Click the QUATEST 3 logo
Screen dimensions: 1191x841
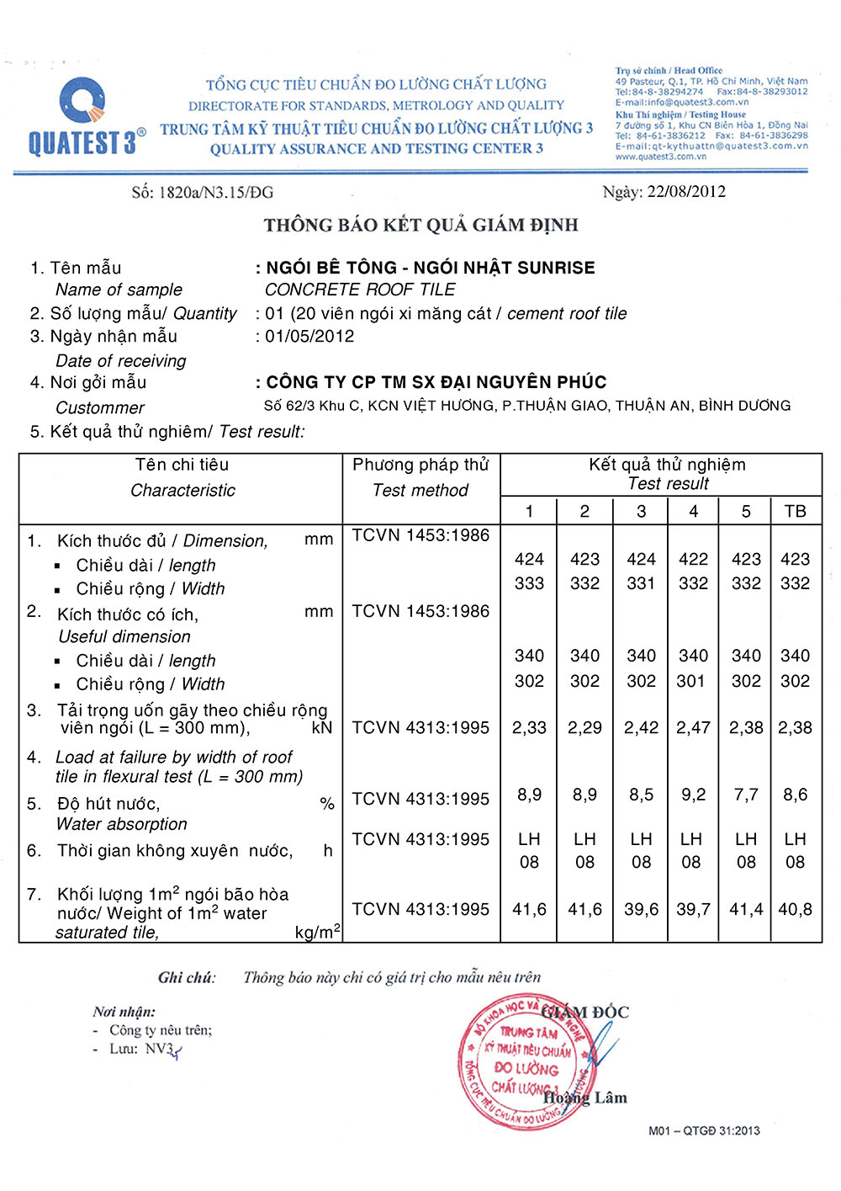pos(84,118)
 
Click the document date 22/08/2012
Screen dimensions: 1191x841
pos(686,192)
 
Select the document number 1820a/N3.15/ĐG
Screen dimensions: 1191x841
pos(215,193)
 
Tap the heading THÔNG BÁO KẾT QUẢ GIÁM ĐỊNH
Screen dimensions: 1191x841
pos(420,226)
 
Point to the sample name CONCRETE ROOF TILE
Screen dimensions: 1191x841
pos(360,290)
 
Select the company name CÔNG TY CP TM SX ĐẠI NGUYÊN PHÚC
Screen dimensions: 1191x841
pos(436,382)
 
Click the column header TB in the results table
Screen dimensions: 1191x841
pos(795,511)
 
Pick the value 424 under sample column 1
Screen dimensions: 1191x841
pos(529,559)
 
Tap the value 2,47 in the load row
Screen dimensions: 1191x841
pos(693,727)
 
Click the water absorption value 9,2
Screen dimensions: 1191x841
pos(693,795)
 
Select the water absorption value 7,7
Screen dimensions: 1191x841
pos(746,795)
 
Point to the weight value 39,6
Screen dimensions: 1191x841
pos(641,909)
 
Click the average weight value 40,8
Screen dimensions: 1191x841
pos(795,909)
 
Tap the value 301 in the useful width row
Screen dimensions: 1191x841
pos(691,681)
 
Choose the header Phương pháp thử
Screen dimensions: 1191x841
pos(420,465)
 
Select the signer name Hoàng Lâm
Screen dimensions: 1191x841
pos(585,1098)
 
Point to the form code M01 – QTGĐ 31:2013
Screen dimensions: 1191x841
pos(704,1130)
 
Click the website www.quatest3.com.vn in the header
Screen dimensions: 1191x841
pos(661,157)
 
